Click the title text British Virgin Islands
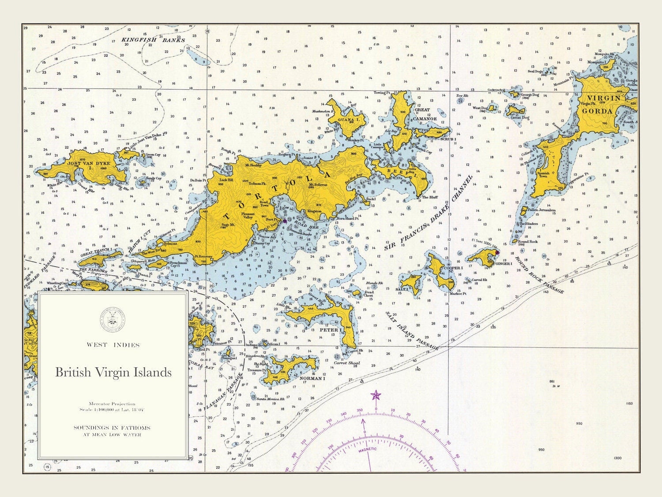(x=113, y=372)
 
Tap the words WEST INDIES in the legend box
(x=113, y=345)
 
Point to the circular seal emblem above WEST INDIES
(x=113, y=317)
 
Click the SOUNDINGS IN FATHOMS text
(x=112, y=428)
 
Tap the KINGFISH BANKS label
(x=153, y=40)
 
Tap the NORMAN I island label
(x=312, y=378)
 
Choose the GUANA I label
(x=349, y=120)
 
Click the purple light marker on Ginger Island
(x=497, y=253)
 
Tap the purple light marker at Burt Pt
(x=285, y=220)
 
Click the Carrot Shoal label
(x=346, y=363)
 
